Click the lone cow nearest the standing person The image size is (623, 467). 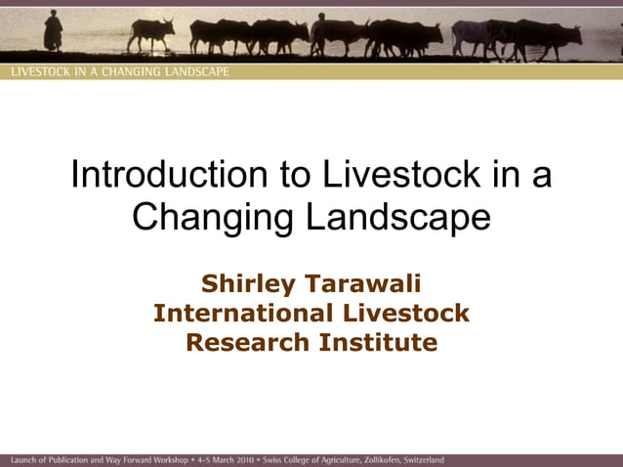click(151, 33)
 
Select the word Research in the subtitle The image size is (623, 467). click(247, 343)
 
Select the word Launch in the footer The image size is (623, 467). click(23, 459)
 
